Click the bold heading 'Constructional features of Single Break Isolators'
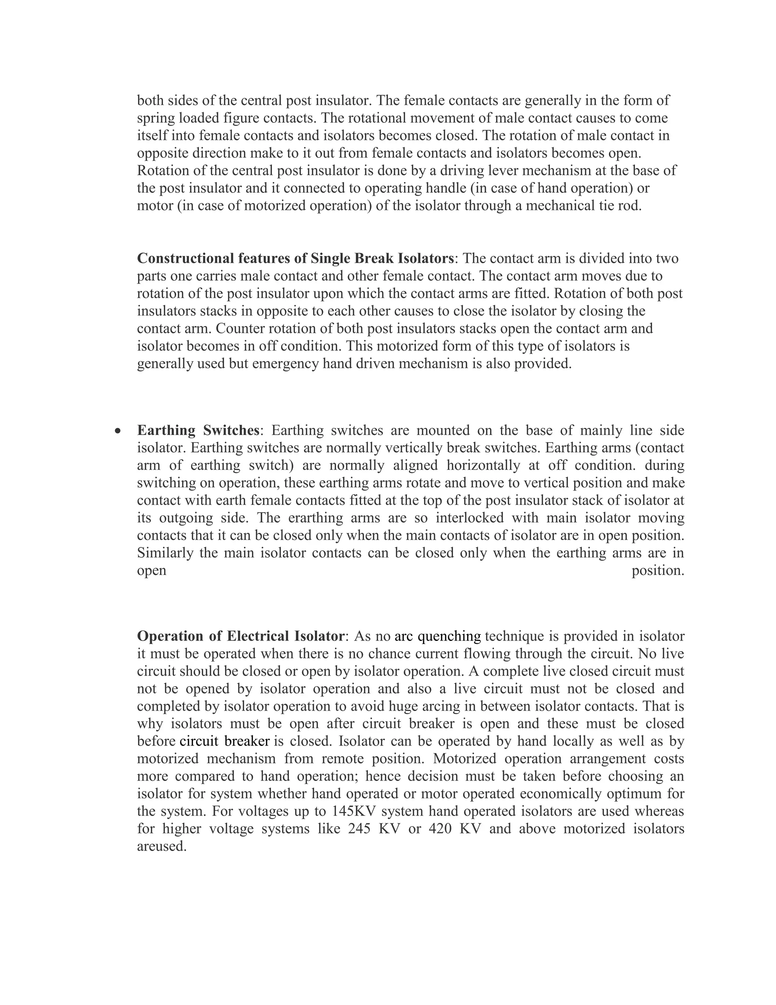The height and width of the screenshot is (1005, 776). coord(295,259)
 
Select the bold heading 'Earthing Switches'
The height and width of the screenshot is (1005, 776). coord(198,430)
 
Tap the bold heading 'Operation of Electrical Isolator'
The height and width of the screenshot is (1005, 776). coord(241,636)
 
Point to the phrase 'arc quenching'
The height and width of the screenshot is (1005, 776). coord(437,636)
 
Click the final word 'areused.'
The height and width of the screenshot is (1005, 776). coord(162,846)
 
